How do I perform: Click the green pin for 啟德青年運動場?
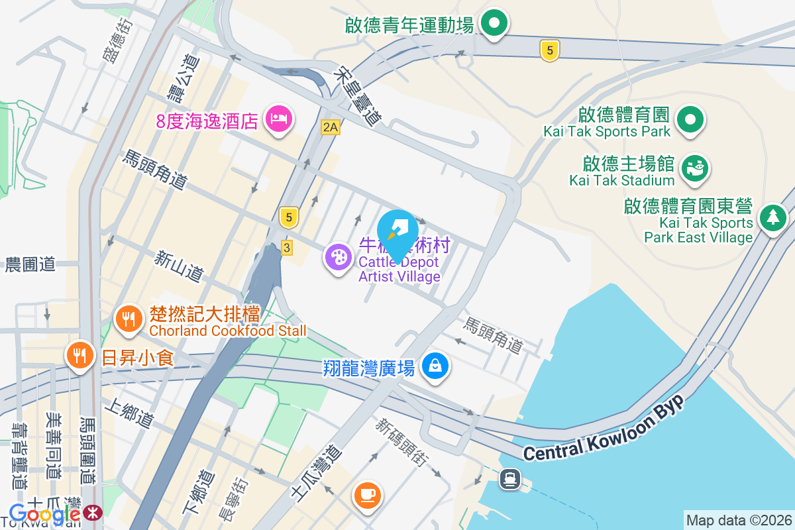point(494,25)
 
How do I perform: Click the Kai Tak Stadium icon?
point(695,167)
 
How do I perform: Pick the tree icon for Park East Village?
point(772,216)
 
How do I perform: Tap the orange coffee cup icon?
point(368,494)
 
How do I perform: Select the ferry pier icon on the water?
point(509,478)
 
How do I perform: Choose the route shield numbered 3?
point(286,248)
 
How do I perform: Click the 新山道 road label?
point(180,266)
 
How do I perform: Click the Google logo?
point(45,513)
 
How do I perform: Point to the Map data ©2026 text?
point(739,520)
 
